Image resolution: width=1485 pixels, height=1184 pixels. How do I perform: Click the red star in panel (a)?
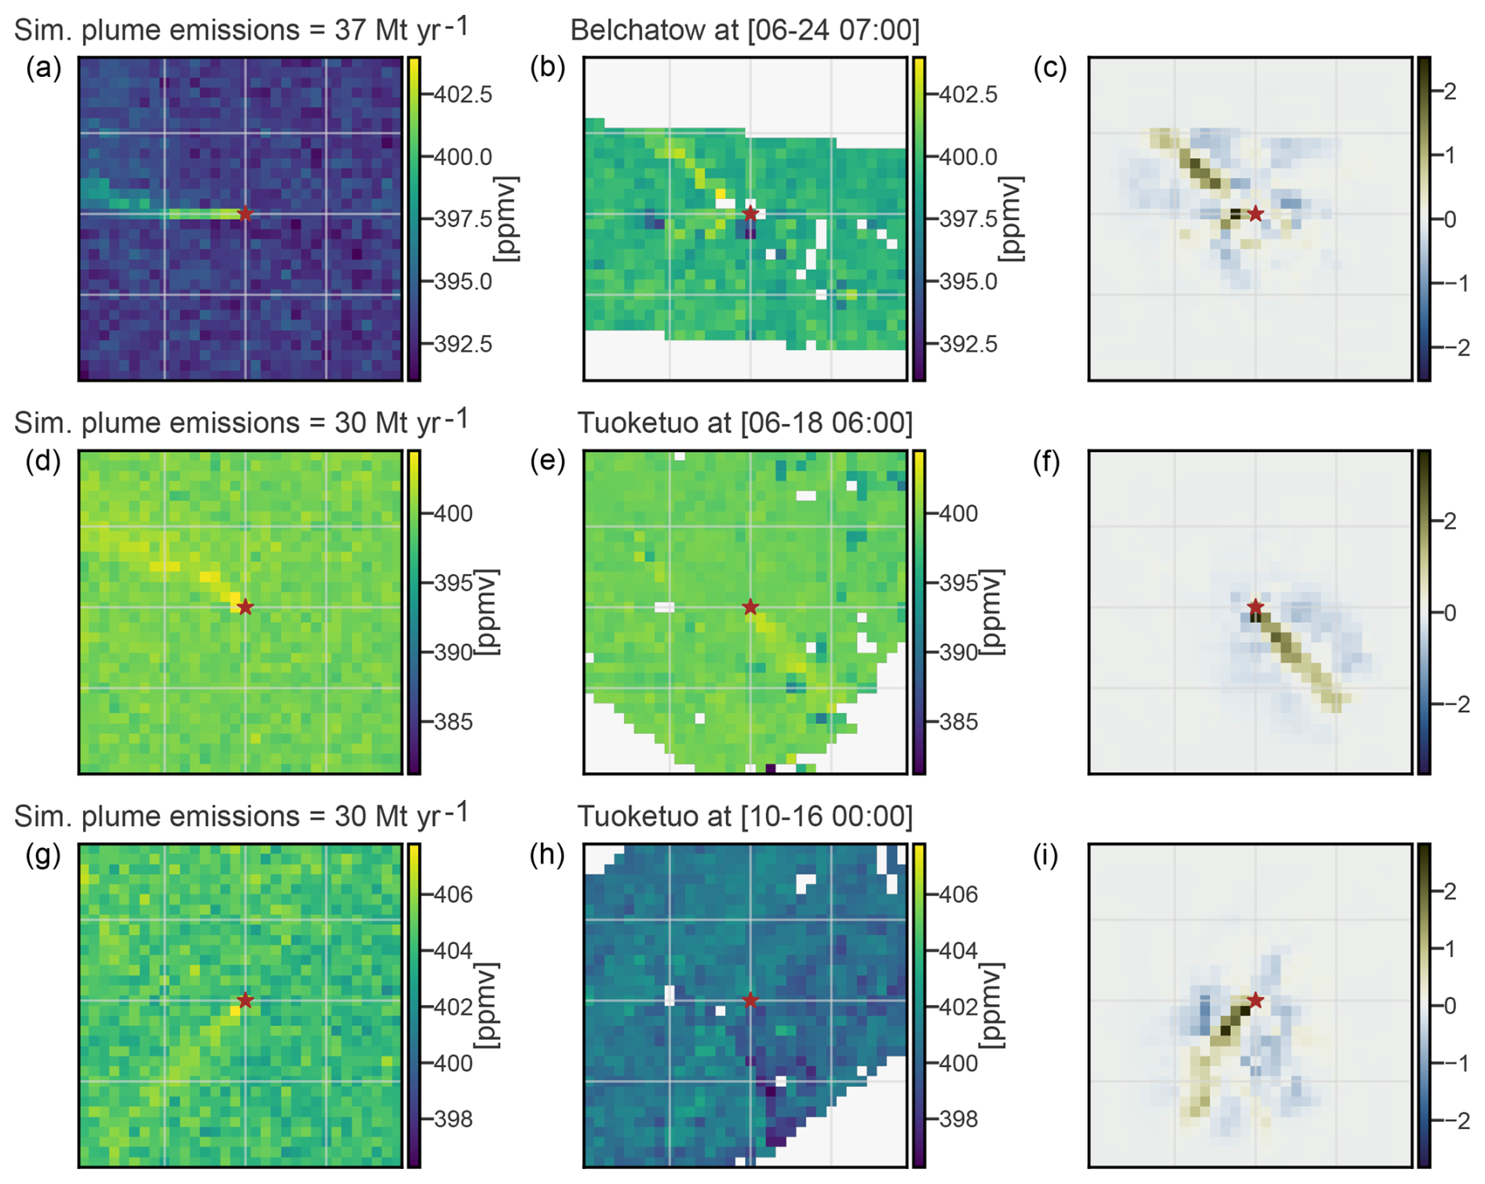pyautogui.click(x=245, y=213)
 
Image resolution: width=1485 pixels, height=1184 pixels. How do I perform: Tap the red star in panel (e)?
pyautogui.click(x=750, y=607)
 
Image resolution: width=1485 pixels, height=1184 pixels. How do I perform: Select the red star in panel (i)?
pyautogui.click(x=1256, y=1000)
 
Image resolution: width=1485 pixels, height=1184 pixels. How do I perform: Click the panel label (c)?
pyautogui.click(x=1050, y=68)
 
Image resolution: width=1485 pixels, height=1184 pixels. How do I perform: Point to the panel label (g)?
pyautogui.click(x=43, y=855)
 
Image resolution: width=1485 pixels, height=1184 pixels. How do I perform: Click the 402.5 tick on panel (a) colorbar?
pyautogui.click(x=463, y=95)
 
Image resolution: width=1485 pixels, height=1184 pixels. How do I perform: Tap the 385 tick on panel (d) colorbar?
pyautogui.click(x=453, y=722)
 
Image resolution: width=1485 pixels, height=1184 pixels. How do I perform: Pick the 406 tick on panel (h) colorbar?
pyautogui.click(x=958, y=894)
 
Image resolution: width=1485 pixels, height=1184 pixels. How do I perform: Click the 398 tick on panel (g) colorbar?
pyautogui.click(x=453, y=1119)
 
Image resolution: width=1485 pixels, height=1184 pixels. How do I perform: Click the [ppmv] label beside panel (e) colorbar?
pyautogui.click(x=993, y=612)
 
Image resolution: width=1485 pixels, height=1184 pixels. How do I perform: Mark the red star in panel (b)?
pyautogui.click(x=750, y=213)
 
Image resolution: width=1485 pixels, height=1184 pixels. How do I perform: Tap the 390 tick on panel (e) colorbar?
pyautogui.click(x=958, y=652)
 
